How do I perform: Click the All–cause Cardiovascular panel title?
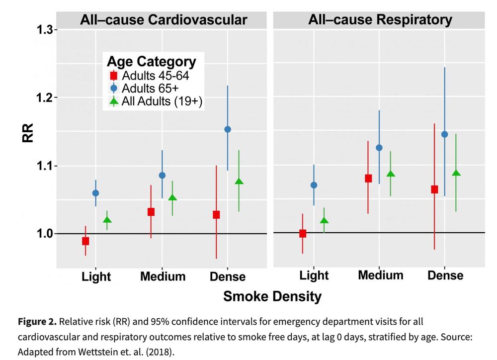tap(164, 19)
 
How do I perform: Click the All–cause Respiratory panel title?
tap(380, 19)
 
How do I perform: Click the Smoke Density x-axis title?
tap(272, 297)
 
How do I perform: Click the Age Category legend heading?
tap(152, 62)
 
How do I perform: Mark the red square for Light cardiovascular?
tap(85, 241)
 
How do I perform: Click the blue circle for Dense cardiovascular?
tap(228, 129)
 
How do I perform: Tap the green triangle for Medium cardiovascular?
tap(172, 198)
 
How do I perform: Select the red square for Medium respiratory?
tap(368, 179)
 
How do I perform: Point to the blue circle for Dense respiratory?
tap(444, 134)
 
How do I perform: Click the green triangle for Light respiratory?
tap(324, 221)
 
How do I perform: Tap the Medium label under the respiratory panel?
tap(380, 275)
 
